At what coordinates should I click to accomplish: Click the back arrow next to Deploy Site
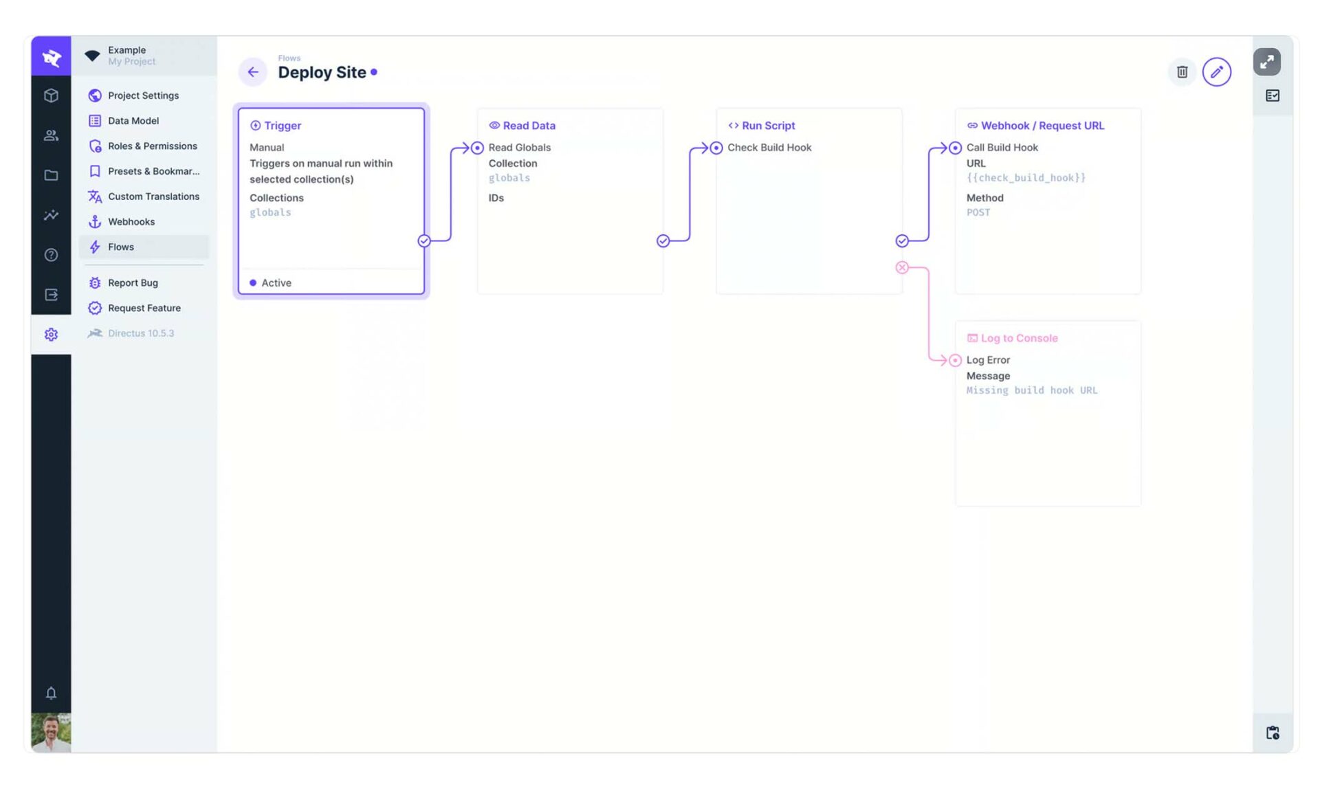253,72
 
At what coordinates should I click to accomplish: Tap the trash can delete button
1182,72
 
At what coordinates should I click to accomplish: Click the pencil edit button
1216,72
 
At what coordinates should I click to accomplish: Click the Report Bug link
133,282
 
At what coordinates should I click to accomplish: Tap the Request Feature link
144,308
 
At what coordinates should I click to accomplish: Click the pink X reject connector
902,267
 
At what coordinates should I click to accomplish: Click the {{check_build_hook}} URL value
1026,178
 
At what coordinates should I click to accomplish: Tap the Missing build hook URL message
1032,390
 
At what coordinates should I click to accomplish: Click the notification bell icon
51,693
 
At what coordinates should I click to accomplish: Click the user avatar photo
51,733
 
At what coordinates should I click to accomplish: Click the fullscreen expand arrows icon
1266,62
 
